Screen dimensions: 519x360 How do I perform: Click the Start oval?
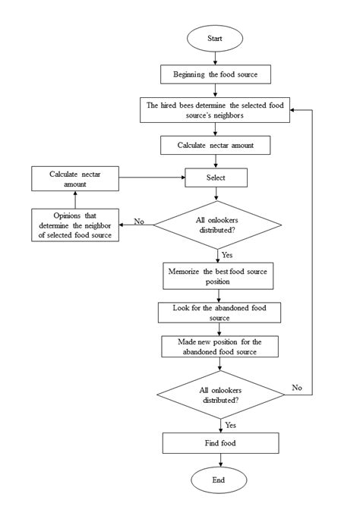[x=217, y=38]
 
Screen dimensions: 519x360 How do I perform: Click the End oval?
[x=217, y=480]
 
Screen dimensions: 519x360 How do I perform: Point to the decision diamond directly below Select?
[x=217, y=224]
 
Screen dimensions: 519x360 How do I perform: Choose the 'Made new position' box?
[x=217, y=347]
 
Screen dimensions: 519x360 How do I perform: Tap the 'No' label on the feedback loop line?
[x=297, y=387]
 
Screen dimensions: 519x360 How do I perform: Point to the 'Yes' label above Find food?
[x=230, y=425]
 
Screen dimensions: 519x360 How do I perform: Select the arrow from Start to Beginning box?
[x=217, y=57]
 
